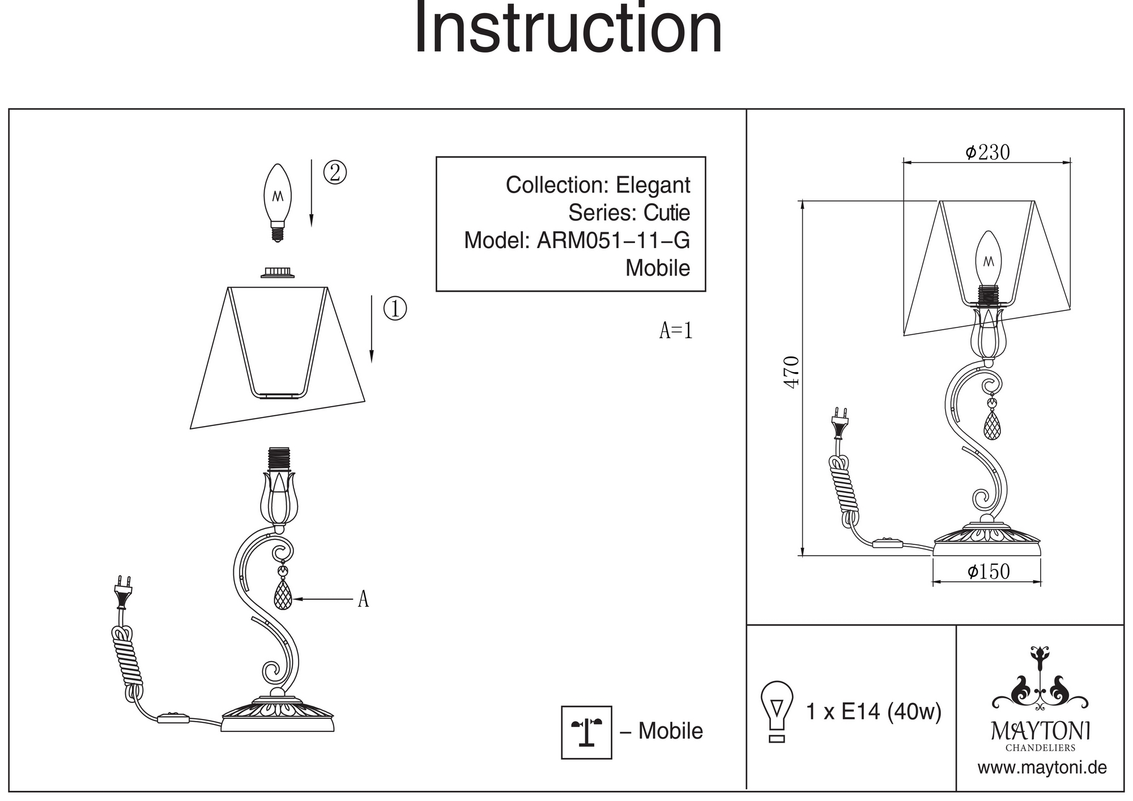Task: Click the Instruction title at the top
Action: [x=568, y=28]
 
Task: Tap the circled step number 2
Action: [x=335, y=172]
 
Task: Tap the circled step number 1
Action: [x=395, y=309]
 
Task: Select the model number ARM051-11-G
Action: [x=613, y=241]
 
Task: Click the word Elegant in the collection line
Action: [x=653, y=185]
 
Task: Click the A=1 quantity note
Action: [x=676, y=330]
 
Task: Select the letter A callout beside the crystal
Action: [x=363, y=599]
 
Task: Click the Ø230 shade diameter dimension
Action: [x=987, y=152]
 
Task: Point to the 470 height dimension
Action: [x=791, y=372]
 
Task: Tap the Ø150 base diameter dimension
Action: [x=989, y=572]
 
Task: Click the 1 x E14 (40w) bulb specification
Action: [x=873, y=711]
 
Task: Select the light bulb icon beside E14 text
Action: [x=777, y=711]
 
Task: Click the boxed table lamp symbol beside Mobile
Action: [x=586, y=732]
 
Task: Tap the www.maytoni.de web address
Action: [x=1042, y=768]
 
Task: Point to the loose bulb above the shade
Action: [x=278, y=202]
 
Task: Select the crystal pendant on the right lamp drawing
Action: [x=991, y=425]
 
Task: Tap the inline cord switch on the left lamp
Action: [x=173, y=718]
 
